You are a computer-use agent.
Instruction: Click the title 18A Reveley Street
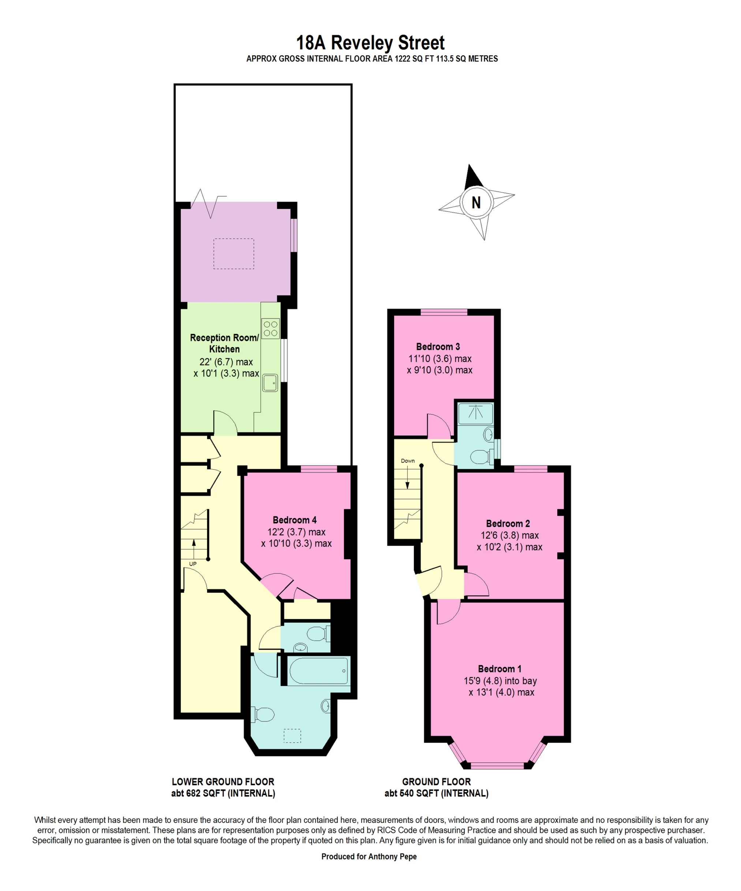coord(370,43)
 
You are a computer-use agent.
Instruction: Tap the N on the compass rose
coord(476,202)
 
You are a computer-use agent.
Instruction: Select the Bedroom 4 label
coord(294,520)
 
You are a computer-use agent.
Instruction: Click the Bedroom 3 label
coord(438,347)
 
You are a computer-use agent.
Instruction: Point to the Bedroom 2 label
coord(508,523)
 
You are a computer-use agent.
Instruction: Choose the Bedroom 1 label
coord(499,669)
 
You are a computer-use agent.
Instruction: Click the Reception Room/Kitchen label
coord(224,343)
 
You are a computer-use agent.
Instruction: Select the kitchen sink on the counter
coord(270,382)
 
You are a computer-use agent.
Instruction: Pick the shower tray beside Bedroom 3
coord(475,414)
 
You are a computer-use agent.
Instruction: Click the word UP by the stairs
coord(192,564)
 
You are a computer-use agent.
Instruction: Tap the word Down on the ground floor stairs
coord(408,461)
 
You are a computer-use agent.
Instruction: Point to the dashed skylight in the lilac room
coord(234,254)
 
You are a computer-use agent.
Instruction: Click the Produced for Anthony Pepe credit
coord(368,856)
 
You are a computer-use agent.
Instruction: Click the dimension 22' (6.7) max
coord(226,362)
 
